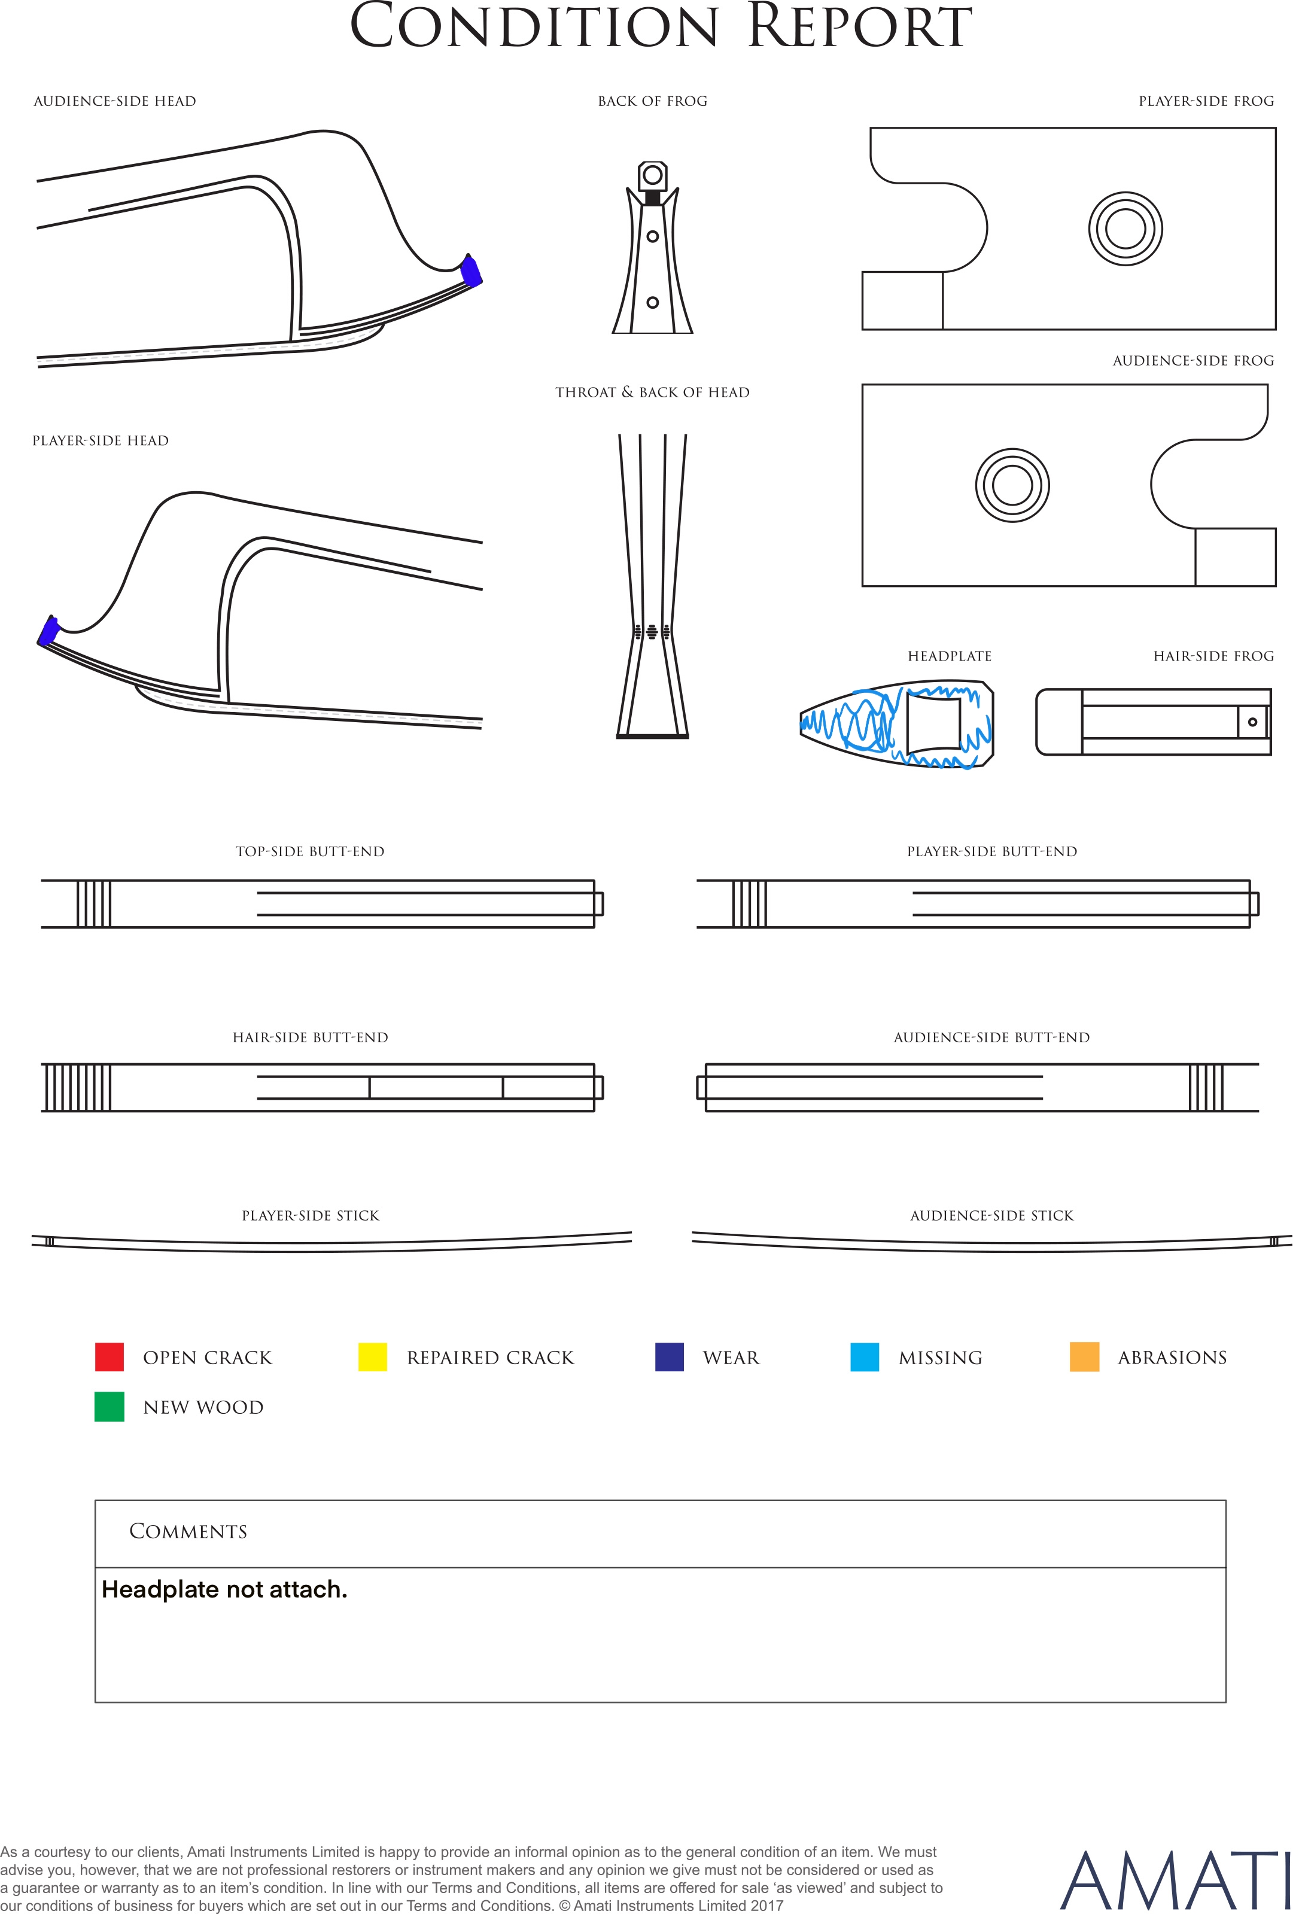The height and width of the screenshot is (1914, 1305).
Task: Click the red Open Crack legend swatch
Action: [x=109, y=1356]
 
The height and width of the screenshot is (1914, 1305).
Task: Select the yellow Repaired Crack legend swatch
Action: [x=372, y=1356]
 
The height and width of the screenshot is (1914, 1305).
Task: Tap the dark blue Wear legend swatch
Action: [x=669, y=1356]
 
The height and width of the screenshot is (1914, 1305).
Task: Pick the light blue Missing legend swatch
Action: [x=864, y=1356]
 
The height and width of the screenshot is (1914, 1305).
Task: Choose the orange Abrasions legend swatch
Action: [x=1084, y=1356]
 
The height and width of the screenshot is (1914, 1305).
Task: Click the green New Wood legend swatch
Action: [x=109, y=1407]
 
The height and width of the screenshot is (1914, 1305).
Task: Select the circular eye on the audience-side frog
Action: [x=1012, y=485]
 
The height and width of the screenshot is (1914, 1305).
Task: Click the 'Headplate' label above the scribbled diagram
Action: [x=950, y=656]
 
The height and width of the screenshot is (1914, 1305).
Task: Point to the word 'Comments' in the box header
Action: [x=188, y=1531]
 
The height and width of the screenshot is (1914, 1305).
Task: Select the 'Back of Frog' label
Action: [x=652, y=101]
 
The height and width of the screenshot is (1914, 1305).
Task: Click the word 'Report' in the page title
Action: [x=859, y=26]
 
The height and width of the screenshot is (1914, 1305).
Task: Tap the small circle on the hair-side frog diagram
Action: [x=1252, y=722]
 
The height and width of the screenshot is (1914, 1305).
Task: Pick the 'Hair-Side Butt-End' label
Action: [x=311, y=1037]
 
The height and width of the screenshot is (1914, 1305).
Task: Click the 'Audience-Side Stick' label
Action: [x=992, y=1216]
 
